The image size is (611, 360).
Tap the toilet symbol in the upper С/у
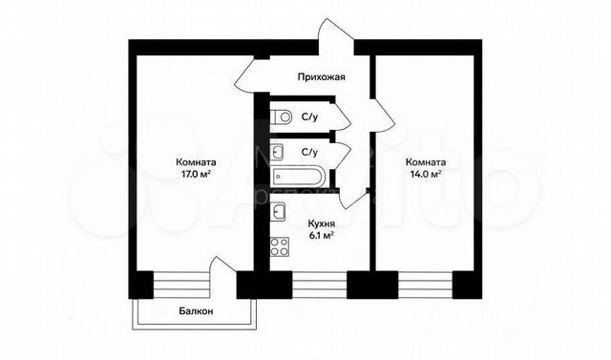pyautogui.click(x=283, y=117)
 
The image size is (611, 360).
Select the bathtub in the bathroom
pyautogui.click(x=300, y=177)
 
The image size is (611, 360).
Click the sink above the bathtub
pyautogui.click(x=279, y=151)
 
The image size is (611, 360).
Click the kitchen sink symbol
pyautogui.click(x=280, y=212)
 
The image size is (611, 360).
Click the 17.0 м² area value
pyautogui.click(x=195, y=176)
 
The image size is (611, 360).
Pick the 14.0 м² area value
pyautogui.click(x=423, y=175)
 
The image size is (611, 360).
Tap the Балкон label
pyautogui.click(x=196, y=311)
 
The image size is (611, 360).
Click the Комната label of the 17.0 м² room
pyautogui.click(x=195, y=162)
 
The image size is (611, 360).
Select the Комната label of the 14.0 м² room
pyautogui.click(x=423, y=161)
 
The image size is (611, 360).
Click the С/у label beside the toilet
pyautogui.click(x=310, y=117)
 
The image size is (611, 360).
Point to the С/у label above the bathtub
pyautogui.click(x=310, y=151)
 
